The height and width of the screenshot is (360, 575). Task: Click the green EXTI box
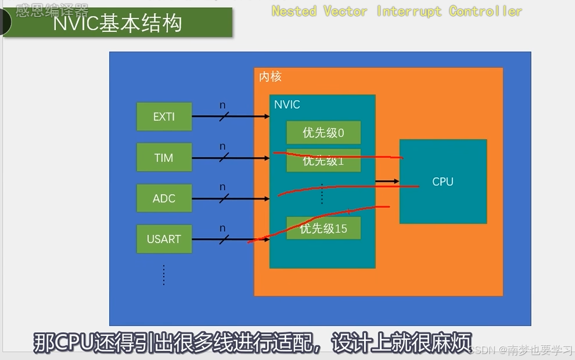(x=164, y=116)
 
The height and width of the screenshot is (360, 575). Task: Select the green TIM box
(x=164, y=157)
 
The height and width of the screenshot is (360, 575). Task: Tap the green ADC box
(x=164, y=198)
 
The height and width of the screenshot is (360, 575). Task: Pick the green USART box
(x=164, y=239)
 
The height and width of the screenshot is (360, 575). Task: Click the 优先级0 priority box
(x=323, y=133)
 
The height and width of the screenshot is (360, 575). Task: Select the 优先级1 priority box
(x=323, y=161)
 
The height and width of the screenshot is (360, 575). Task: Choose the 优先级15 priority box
(x=323, y=228)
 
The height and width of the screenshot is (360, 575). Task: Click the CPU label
(x=443, y=182)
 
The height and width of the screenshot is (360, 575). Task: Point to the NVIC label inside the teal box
(x=287, y=104)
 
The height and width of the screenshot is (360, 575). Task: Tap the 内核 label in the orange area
(x=270, y=77)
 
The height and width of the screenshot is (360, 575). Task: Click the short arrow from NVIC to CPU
(x=387, y=181)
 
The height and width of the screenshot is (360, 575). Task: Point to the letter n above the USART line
(x=222, y=228)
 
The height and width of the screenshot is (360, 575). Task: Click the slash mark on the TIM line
(x=224, y=158)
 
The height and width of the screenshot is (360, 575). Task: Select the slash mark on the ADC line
(x=224, y=199)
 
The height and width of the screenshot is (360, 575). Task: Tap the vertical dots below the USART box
(x=164, y=274)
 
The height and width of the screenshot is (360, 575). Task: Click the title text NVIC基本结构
(x=118, y=24)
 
